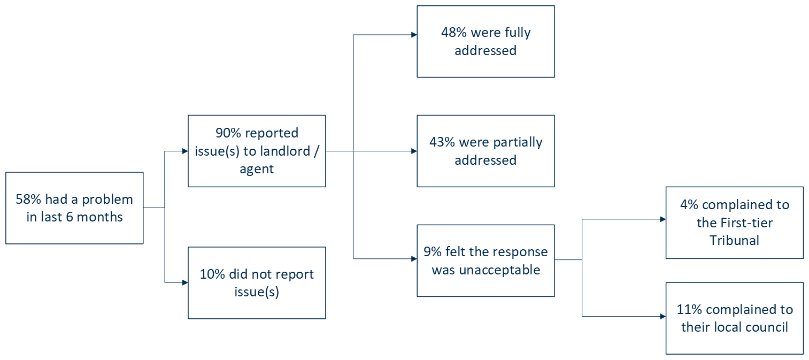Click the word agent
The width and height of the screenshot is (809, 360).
257,169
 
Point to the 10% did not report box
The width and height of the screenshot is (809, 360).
257,283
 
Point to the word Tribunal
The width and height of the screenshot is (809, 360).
734,240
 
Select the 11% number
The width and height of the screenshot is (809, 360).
689,309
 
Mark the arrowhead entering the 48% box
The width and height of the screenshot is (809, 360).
414,35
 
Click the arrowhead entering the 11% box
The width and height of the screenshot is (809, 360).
662,317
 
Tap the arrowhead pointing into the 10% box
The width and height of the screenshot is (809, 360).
185,282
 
